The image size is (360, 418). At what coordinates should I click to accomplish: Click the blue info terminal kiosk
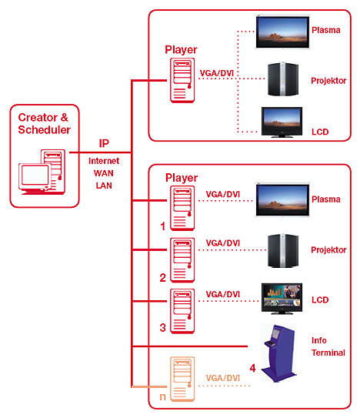click(x=279, y=353)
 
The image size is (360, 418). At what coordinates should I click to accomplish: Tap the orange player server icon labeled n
click(x=182, y=379)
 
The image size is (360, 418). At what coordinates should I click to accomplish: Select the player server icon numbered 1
click(x=182, y=208)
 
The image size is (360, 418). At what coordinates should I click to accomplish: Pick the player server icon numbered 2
click(x=182, y=260)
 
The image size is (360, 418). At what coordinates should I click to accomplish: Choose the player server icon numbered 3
click(x=182, y=311)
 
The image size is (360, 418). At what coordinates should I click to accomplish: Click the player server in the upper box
click(x=182, y=80)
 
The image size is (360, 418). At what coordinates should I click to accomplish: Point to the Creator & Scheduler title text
click(x=45, y=123)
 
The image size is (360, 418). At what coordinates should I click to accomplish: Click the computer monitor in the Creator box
click(x=35, y=177)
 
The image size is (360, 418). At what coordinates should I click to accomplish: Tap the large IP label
click(x=104, y=143)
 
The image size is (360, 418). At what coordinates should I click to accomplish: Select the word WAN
click(x=104, y=173)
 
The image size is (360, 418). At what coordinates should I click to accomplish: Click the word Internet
click(x=104, y=161)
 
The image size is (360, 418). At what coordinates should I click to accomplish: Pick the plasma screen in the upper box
click(x=282, y=32)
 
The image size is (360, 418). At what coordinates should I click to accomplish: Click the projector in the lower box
click(x=283, y=251)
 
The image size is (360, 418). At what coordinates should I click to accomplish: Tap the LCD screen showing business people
click(x=282, y=299)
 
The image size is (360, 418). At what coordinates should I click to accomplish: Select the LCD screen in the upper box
click(x=282, y=122)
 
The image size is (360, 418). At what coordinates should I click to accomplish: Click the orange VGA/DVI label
click(x=223, y=378)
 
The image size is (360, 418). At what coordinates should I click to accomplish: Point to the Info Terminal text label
click(x=328, y=346)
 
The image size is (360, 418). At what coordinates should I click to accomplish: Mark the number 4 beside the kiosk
click(x=252, y=368)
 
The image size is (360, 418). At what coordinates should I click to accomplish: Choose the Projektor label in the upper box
click(x=328, y=81)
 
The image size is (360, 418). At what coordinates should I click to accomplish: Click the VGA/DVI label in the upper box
click(x=217, y=73)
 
